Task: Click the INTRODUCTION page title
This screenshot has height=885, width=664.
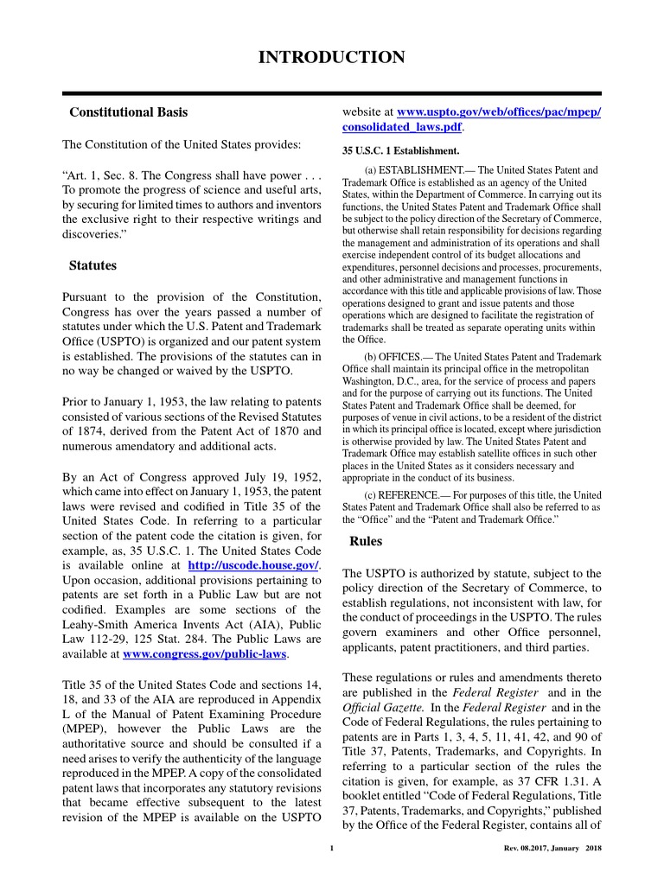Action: coord(332,58)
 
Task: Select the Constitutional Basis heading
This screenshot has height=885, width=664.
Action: coord(128,112)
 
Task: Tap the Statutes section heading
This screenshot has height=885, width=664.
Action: coord(93,265)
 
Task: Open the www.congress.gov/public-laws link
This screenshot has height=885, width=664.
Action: coord(205,654)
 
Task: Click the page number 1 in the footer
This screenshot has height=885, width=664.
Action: coord(332,848)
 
